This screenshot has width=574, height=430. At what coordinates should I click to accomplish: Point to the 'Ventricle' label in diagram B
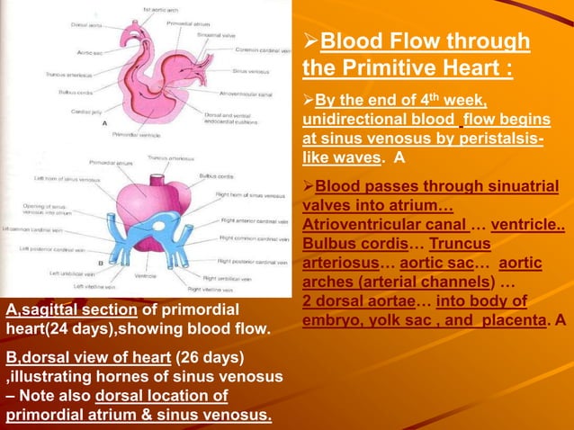[147, 275]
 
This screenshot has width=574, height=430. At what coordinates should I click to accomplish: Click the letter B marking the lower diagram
[101, 262]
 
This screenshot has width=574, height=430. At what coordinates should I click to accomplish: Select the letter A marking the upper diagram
[106, 122]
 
